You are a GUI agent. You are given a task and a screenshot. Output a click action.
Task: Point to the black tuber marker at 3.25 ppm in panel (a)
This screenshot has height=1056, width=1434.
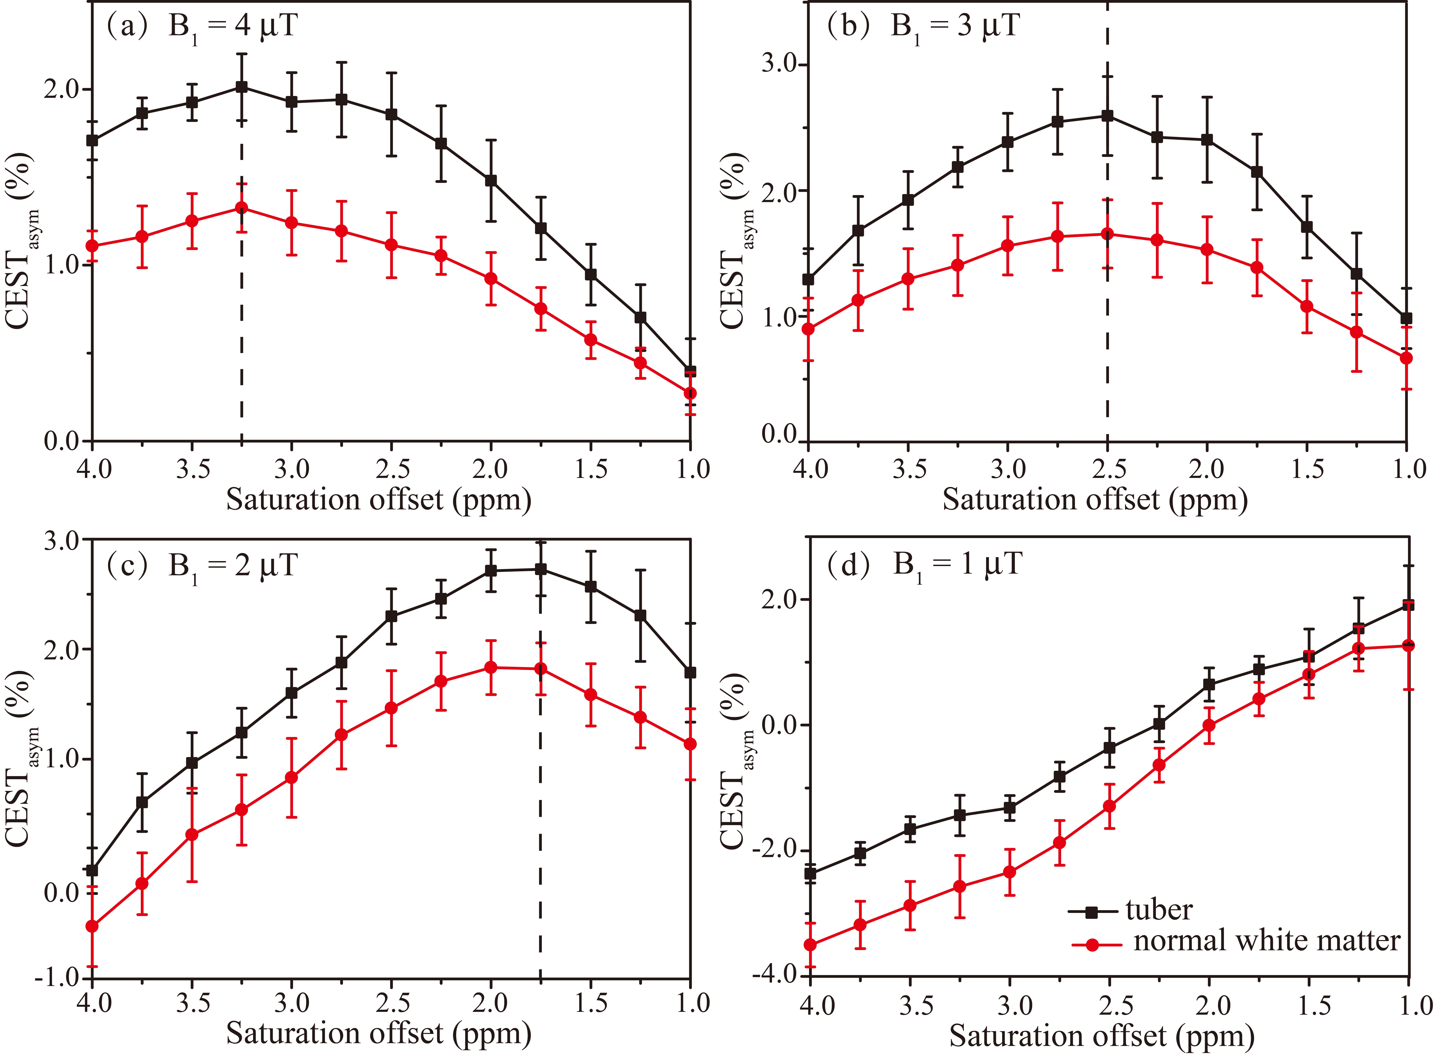pyautogui.click(x=242, y=87)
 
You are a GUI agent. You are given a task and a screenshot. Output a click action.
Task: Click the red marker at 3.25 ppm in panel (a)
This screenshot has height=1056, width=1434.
pyautogui.click(x=242, y=208)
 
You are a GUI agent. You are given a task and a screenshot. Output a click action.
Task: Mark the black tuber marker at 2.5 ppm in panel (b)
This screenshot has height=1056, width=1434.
pyautogui.click(x=1107, y=116)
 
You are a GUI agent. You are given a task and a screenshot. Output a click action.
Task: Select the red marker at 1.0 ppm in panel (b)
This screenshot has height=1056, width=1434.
pyautogui.click(x=1406, y=358)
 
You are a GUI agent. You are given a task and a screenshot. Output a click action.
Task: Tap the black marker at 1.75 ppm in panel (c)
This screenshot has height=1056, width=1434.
pyautogui.click(x=541, y=569)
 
